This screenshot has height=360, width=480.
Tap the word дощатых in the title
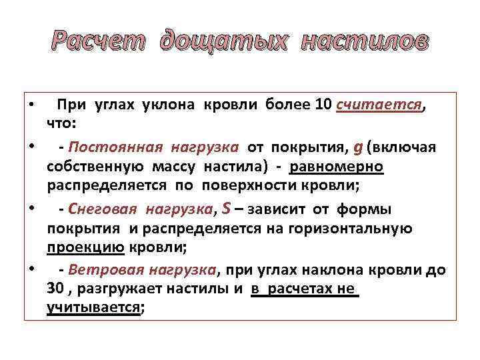click(223, 41)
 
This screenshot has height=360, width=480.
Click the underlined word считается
click(380, 105)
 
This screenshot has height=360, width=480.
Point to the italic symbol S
click(225, 210)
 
